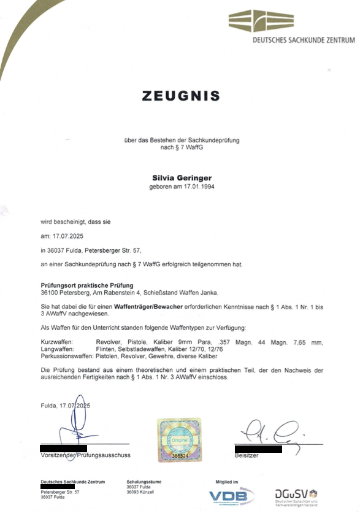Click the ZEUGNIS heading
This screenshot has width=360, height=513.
tap(180, 96)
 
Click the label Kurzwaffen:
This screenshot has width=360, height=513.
tap(56, 341)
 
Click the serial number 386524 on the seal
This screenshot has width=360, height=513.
tap(180, 456)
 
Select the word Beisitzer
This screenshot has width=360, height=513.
tap(247, 456)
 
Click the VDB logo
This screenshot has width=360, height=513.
tap(231, 496)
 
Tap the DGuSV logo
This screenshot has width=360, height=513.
tap(296, 496)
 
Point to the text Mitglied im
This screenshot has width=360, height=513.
tap(226, 482)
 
